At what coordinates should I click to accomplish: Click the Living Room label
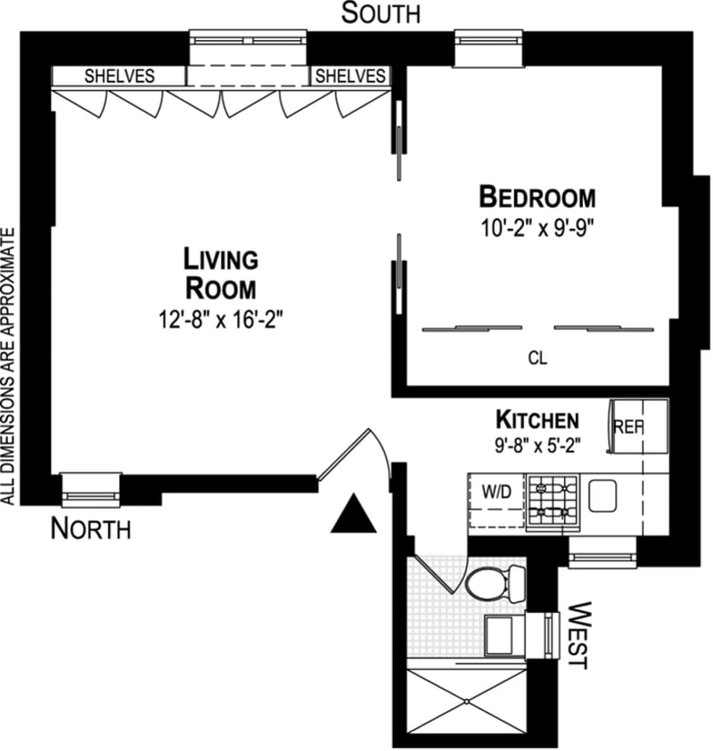(220, 273)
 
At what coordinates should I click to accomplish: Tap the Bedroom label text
(537, 196)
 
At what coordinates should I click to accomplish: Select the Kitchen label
(537, 419)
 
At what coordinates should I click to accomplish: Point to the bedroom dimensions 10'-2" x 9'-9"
(537, 225)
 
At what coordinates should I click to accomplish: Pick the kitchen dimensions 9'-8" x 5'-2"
(537, 445)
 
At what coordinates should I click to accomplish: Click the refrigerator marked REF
(637, 428)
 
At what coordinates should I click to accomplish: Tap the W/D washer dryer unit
(496, 503)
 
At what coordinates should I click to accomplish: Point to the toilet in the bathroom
(492, 584)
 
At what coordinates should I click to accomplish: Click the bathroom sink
(504, 633)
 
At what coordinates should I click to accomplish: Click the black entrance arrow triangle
(354, 516)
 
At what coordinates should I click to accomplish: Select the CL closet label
(537, 359)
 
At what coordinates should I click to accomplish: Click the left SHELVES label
(119, 76)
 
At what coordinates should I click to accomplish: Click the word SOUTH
(381, 14)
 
